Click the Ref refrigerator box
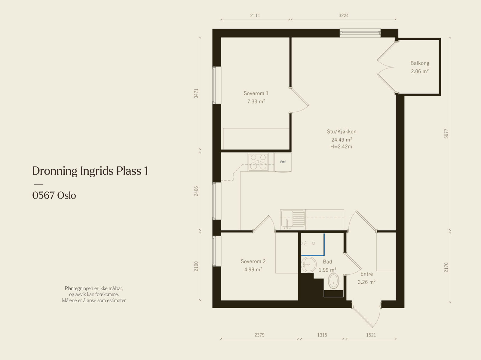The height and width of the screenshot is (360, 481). point(283,162)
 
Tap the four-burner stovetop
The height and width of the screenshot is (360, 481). point(258,162)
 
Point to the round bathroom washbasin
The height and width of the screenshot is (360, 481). point(308,264)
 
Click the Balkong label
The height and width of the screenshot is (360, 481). point(420,63)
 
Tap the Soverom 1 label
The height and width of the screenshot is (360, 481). point(256,93)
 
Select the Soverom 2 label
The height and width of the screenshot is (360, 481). point(253,261)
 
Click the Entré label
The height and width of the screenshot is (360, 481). point(366,274)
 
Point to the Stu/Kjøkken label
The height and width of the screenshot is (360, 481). point(342,132)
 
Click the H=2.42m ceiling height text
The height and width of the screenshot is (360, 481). point(341,147)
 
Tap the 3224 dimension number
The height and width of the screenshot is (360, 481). point(344,15)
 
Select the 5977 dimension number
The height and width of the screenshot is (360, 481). point(446,134)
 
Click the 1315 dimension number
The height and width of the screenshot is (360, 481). point(322,335)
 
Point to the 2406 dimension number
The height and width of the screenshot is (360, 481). point(196,191)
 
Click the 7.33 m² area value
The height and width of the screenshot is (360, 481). point(256,101)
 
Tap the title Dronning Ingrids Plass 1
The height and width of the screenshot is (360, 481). point(90,171)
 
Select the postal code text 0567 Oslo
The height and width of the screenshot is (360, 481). point(54,195)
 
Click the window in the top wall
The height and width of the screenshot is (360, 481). point(360,33)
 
